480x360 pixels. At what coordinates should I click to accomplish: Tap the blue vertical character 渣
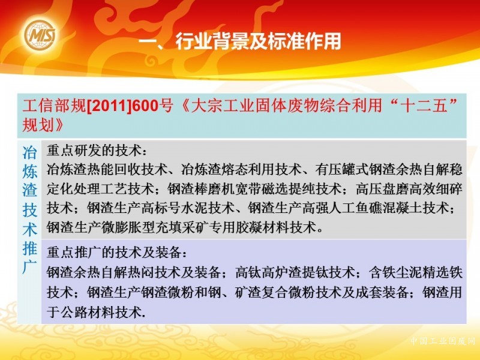[x=30, y=190]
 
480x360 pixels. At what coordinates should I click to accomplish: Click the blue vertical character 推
[x=30, y=248]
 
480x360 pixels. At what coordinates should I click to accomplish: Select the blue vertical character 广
[x=30, y=266]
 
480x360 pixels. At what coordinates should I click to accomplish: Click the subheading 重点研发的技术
[x=94, y=151]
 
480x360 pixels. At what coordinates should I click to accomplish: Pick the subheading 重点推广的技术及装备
[x=114, y=252]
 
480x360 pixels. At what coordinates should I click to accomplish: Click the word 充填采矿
[x=188, y=227]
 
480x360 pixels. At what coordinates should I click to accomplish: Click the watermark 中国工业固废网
[x=442, y=341]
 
